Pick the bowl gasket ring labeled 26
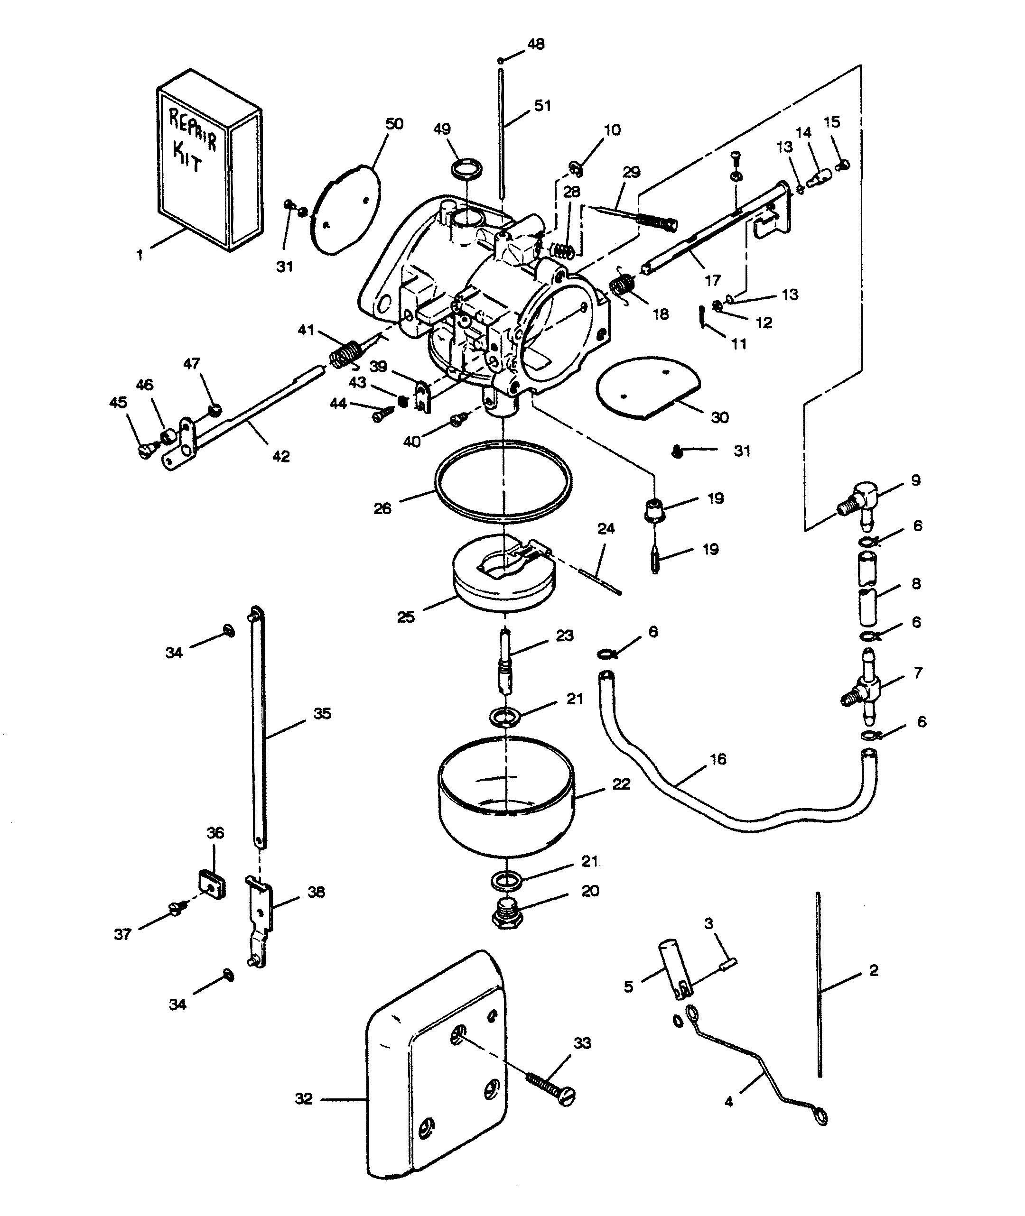503,479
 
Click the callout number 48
536,44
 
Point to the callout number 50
394,124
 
